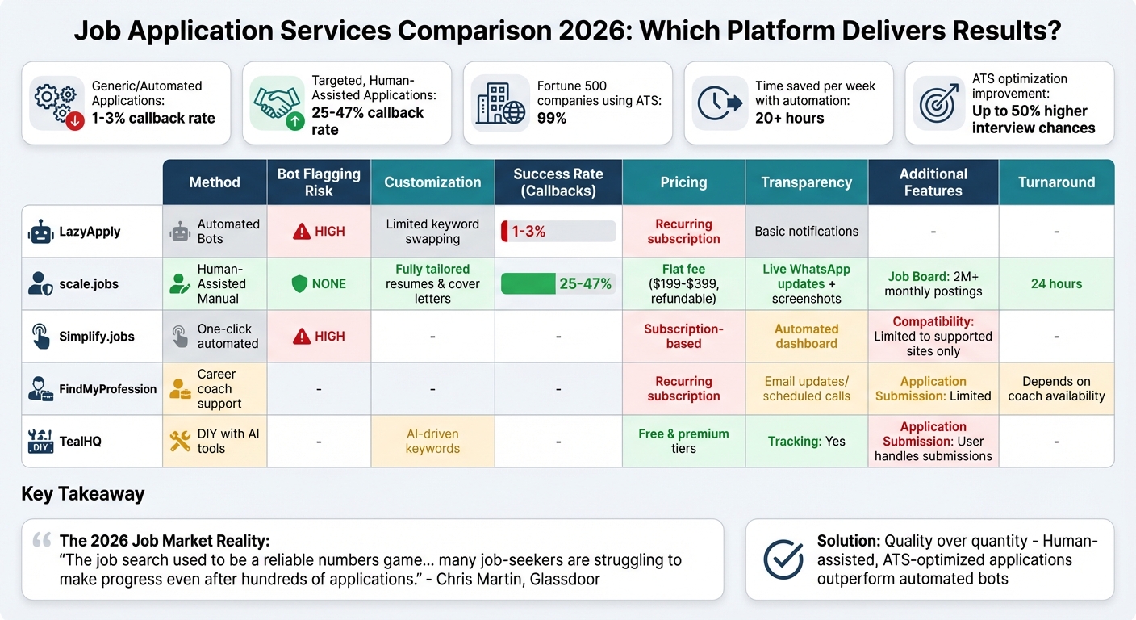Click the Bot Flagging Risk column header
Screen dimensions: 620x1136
(x=319, y=182)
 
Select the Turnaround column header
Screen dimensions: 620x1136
(x=1056, y=182)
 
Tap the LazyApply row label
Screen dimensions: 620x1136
(x=90, y=232)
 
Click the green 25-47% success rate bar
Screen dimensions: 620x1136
(x=558, y=283)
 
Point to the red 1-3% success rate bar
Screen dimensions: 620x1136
(x=558, y=232)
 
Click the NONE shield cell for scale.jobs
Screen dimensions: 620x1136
(x=319, y=283)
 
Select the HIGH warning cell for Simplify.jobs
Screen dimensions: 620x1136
(x=319, y=336)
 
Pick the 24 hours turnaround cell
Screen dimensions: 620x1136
(x=1056, y=283)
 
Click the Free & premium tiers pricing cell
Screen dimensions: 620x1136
(x=683, y=441)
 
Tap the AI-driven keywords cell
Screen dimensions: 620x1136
(x=432, y=441)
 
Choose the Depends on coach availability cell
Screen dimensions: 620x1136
(x=1056, y=388)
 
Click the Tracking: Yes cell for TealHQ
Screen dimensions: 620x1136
(x=806, y=441)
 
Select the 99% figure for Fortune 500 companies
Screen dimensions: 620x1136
(x=552, y=118)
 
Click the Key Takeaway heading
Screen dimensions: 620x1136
(x=83, y=494)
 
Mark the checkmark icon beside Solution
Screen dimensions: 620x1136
(x=783, y=559)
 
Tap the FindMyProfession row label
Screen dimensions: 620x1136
(x=107, y=389)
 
